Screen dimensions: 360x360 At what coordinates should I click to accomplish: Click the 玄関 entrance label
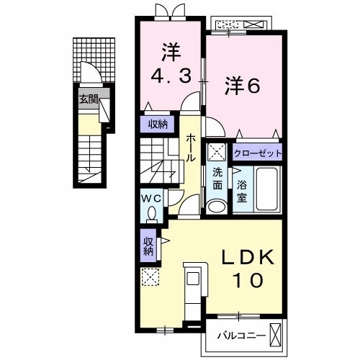click(x=89, y=99)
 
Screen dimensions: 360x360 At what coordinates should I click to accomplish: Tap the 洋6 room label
click(x=243, y=84)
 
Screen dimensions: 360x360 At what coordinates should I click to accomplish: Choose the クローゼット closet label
click(x=257, y=153)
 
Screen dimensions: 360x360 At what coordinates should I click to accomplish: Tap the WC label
click(x=150, y=197)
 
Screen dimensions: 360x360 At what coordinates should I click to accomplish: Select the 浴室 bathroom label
click(x=243, y=192)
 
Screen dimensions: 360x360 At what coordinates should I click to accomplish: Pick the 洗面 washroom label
click(x=217, y=179)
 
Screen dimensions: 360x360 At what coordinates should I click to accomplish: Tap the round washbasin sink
click(x=217, y=205)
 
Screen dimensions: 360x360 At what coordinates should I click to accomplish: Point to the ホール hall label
click(x=191, y=148)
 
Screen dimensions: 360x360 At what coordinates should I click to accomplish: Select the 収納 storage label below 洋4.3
click(x=158, y=125)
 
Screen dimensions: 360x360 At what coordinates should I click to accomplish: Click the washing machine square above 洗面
click(x=217, y=153)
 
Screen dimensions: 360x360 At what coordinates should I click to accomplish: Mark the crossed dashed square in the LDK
click(x=150, y=277)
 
